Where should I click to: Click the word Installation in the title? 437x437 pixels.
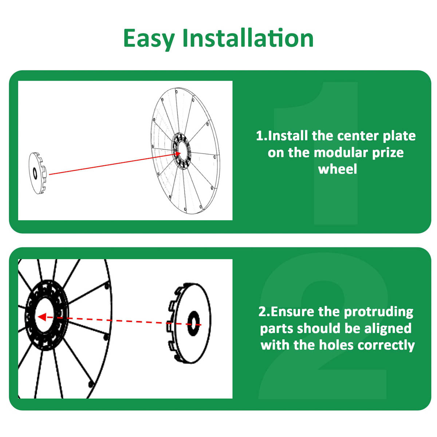(x=248, y=38)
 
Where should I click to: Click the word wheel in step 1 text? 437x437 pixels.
(x=338, y=169)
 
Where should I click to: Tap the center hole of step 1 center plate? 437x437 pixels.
(x=35, y=174)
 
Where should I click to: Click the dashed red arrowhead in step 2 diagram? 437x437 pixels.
(x=42, y=317)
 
